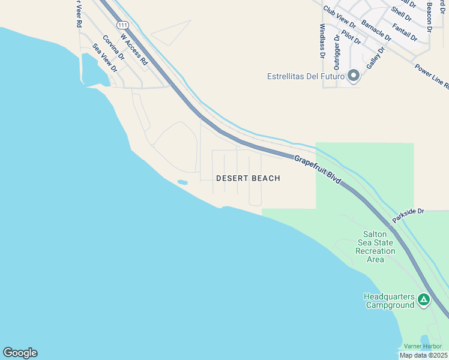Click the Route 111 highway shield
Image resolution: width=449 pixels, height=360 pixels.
pos(123,25)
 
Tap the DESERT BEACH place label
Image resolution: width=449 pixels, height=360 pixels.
pos(248,178)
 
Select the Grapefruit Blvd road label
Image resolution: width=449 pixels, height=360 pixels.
pos(318,169)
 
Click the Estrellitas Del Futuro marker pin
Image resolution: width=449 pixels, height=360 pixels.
pos(354,76)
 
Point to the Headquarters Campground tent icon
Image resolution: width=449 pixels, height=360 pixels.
pos(424,299)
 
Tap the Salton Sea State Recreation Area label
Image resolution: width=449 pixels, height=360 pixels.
pos(375,247)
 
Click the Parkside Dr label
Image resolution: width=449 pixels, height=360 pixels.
pos(408,215)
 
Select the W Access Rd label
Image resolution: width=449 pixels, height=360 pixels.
pos(134,49)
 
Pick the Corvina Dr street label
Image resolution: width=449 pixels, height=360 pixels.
pos(113,48)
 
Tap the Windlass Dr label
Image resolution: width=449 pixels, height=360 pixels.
pos(322,40)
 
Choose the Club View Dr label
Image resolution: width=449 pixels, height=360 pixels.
pos(339,17)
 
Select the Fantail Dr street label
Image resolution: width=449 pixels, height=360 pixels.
pos(405,32)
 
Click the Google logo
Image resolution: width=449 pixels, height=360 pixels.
pos(20,353)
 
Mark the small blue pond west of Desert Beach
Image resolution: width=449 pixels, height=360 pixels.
pos(182,182)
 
